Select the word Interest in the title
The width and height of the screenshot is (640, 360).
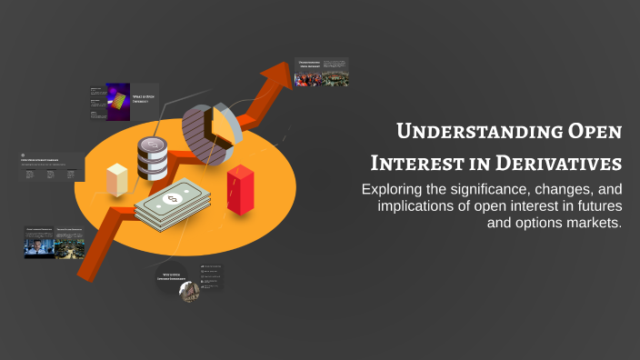click(x=415, y=164)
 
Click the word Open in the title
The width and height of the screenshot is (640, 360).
click(x=593, y=133)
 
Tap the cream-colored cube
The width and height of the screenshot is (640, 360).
click(x=118, y=180)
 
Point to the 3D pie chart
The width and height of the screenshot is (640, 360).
click(x=211, y=133)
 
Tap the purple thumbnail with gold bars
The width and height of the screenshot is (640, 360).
click(x=118, y=102)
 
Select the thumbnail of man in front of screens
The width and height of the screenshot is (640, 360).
click(x=39, y=243)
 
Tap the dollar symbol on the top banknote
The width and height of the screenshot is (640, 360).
click(x=170, y=198)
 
